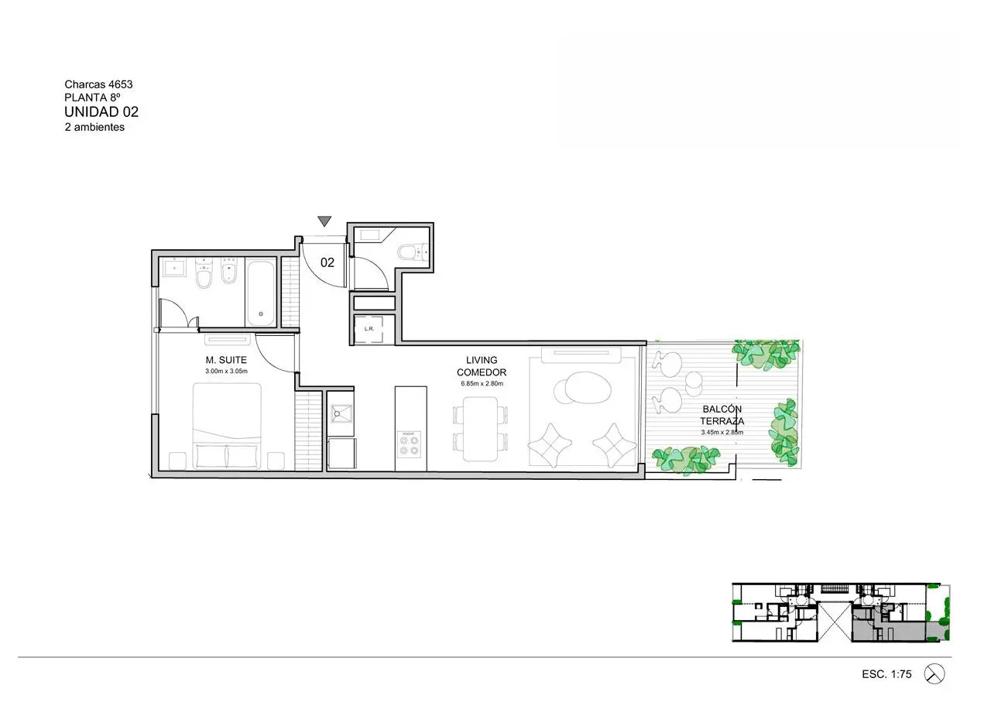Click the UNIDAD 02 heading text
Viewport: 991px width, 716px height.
(101, 112)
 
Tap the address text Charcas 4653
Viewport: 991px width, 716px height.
(98, 84)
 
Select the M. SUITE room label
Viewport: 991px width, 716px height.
(226, 360)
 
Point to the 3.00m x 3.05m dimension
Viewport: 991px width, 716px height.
(226, 371)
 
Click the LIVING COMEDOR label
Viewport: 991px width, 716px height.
(482, 366)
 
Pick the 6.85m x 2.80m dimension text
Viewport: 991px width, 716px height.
(482, 383)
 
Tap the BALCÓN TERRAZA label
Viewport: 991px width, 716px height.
(722, 415)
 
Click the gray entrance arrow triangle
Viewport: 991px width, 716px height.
(324, 221)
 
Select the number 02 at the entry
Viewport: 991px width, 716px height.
(327, 262)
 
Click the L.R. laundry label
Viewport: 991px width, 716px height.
(369, 329)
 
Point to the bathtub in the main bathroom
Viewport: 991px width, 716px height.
(261, 293)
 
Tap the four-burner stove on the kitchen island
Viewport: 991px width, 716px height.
(410, 444)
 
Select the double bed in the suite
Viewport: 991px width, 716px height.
(227, 427)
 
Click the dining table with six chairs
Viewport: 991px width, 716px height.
(481, 429)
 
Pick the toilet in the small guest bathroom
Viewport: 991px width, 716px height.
(412, 252)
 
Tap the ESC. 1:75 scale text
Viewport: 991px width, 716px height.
(886, 674)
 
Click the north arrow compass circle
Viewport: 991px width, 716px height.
(934, 674)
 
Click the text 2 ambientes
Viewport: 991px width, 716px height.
(94, 127)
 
